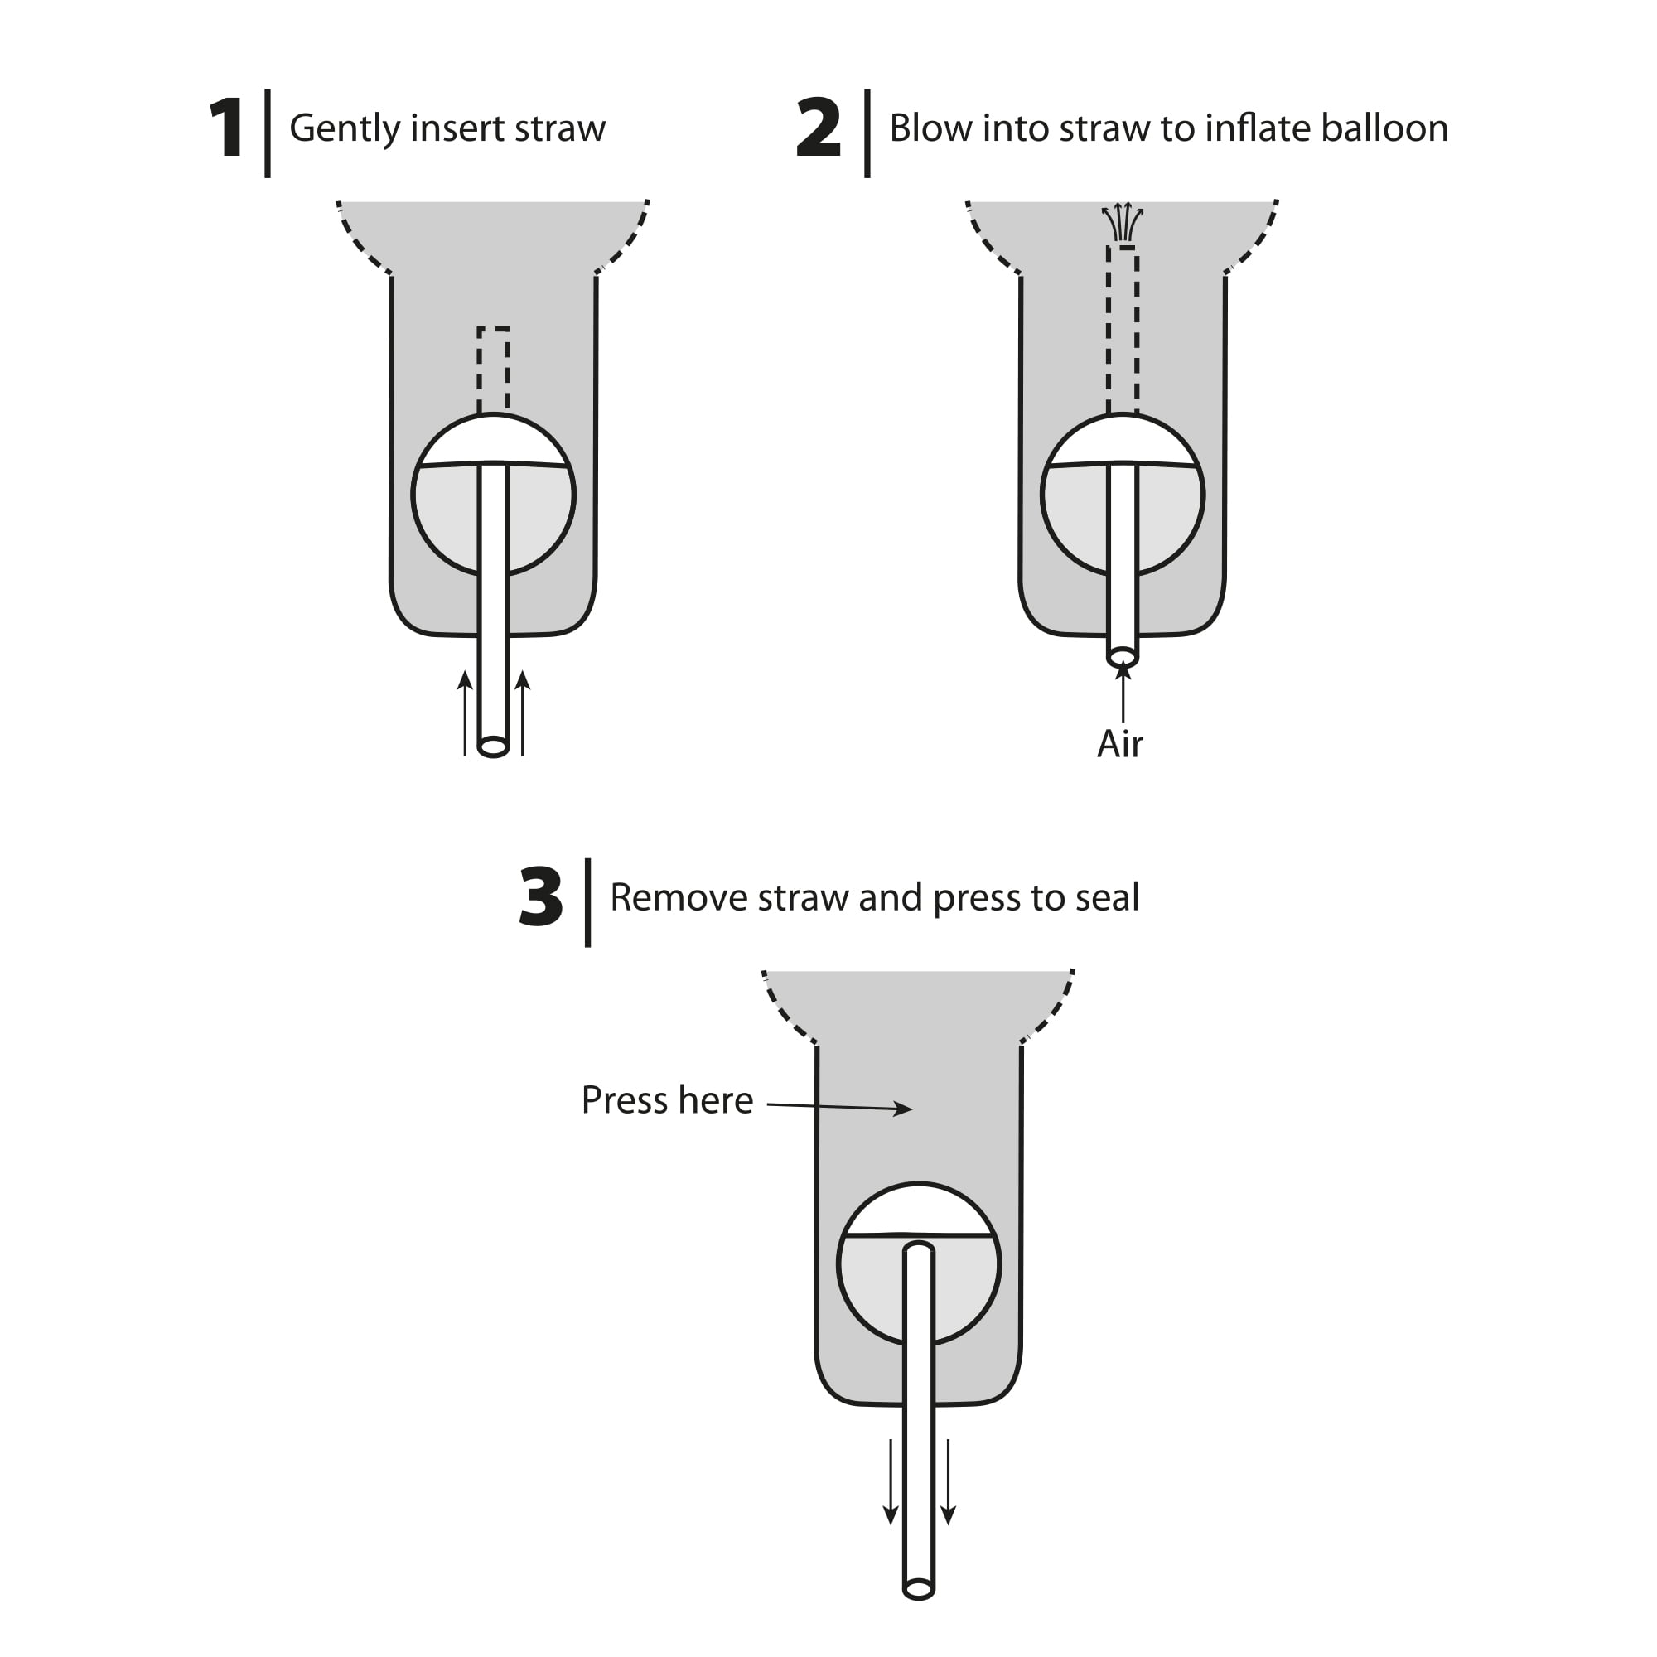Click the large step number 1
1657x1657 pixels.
point(226,128)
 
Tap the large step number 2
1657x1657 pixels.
point(819,128)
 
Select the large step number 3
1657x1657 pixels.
point(540,897)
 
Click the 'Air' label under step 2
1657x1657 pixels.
point(1120,744)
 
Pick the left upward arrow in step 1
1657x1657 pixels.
point(465,713)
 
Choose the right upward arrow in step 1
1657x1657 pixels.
point(522,713)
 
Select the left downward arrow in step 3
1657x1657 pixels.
point(891,1481)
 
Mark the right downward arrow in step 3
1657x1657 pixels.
point(949,1481)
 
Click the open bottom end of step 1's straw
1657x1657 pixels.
point(493,746)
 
